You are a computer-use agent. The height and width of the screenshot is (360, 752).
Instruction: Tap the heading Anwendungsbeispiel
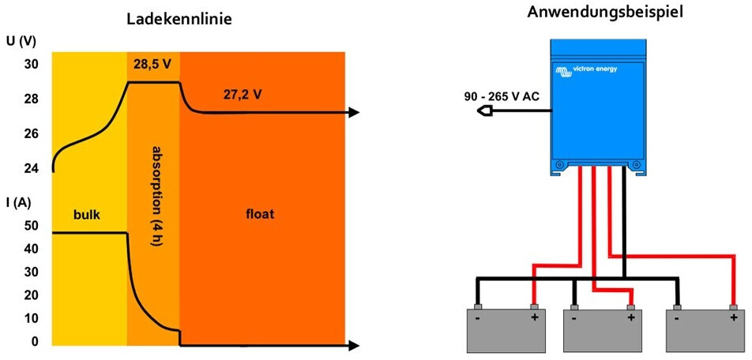pos(604,13)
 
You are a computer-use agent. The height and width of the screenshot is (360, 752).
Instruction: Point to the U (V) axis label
pos(21,41)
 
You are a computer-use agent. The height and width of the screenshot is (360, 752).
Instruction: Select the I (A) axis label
pos(18,203)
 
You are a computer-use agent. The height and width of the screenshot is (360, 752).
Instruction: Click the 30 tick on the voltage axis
pos(31,64)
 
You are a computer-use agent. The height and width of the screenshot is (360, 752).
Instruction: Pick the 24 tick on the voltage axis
pos(31,169)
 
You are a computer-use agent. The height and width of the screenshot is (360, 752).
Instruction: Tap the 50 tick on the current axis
pos(31,226)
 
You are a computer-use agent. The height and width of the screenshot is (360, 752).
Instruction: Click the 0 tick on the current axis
pos(34,343)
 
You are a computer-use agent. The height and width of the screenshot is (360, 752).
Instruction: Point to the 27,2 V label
pos(243,95)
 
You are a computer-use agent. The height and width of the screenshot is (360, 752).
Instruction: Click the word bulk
pos(87,215)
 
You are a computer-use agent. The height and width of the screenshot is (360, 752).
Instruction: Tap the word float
pos(261,214)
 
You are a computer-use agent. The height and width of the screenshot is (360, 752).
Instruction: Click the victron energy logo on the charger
pos(585,70)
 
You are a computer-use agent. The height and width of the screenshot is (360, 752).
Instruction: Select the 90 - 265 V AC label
pos(502,97)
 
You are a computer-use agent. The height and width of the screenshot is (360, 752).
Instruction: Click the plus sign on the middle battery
pos(630,318)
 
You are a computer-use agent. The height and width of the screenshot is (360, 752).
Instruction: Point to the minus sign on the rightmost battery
pos(677,318)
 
